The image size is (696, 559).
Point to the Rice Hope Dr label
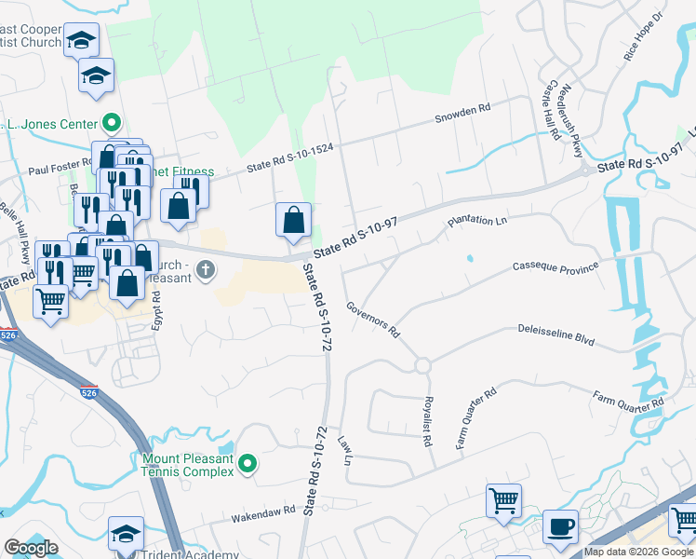pos(646,42)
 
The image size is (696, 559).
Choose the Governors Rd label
pos(372,319)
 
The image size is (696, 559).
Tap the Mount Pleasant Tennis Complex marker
pos(247,463)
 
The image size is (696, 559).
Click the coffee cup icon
pos(560,525)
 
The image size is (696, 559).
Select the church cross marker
pos(205,271)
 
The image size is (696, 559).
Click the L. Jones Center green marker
pos(112,123)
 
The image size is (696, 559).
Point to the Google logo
pos(31,548)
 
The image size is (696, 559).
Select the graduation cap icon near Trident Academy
pos(126,533)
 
